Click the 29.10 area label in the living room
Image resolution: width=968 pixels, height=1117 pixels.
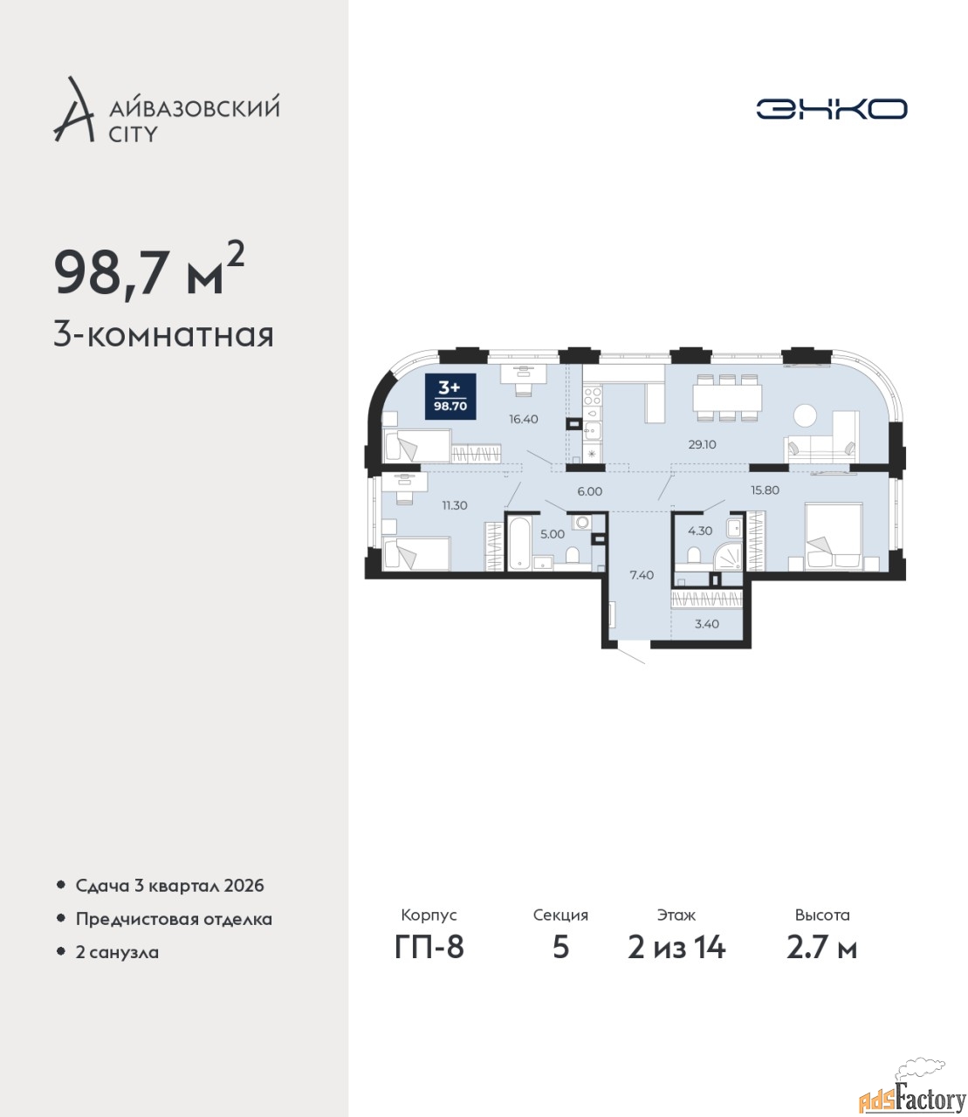[702, 445]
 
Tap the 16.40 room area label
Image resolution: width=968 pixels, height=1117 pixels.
[523, 419]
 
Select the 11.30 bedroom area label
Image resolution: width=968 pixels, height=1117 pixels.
[455, 505]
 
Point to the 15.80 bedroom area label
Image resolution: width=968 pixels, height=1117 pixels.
[765, 490]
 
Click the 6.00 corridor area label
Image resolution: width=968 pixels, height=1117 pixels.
[589, 491]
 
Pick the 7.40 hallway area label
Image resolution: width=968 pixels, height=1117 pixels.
[642, 575]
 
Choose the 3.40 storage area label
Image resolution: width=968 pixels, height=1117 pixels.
[706, 624]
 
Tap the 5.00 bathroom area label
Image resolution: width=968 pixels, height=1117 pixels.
[553, 534]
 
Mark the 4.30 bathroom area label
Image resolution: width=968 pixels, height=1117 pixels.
[700, 531]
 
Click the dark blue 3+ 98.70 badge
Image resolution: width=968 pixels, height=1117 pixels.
[450, 396]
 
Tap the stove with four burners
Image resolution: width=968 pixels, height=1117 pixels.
[593, 395]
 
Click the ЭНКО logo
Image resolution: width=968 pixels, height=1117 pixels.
[831, 108]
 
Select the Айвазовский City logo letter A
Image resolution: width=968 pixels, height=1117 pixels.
[73, 110]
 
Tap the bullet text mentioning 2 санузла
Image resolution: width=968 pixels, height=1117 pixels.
[117, 952]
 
